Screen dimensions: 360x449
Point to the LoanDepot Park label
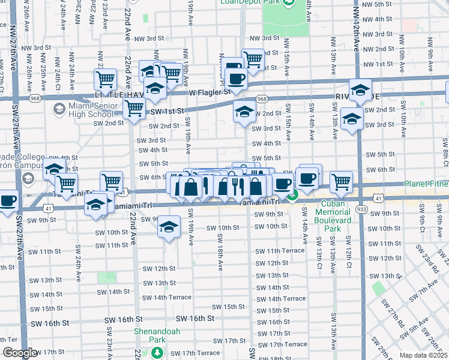click(x=260, y=3)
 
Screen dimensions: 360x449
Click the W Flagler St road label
click(x=209, y=92)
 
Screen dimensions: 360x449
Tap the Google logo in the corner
click(x=20, y=353)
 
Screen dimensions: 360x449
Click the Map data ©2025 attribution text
click(x=423, y=355)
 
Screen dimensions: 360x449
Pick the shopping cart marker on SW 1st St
click(x=134, y=109)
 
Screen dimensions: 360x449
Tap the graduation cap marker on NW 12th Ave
click(x=361, y=91)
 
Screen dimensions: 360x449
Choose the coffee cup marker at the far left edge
click(x=7, y=200)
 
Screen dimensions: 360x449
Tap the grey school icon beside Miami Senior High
click(x=59, y=109)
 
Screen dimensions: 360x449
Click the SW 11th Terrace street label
click(x=280, y=251)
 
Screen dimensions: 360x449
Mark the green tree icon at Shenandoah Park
click(x=157, y=352)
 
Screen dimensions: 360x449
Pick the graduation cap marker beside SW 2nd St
click(x=244, y=112)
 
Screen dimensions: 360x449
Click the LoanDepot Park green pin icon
click(x=289, y=3)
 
